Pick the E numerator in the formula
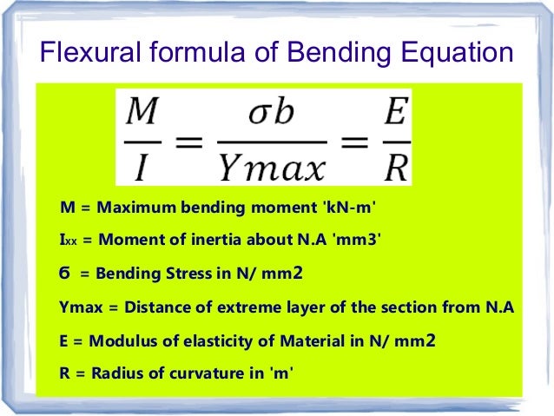point(395,111)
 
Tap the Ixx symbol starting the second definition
point(65,241)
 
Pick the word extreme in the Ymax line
point(254,307)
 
